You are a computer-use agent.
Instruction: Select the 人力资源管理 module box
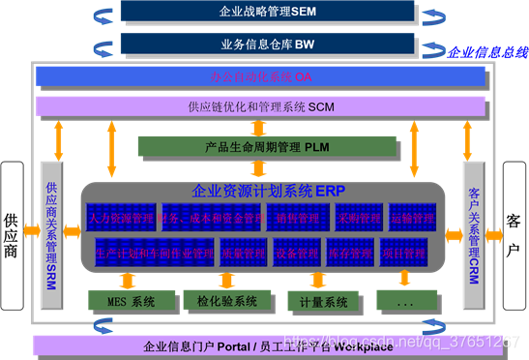click(121, 219)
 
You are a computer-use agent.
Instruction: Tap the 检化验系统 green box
click(225, 301)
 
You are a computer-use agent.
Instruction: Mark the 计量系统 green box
click(323, 302)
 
